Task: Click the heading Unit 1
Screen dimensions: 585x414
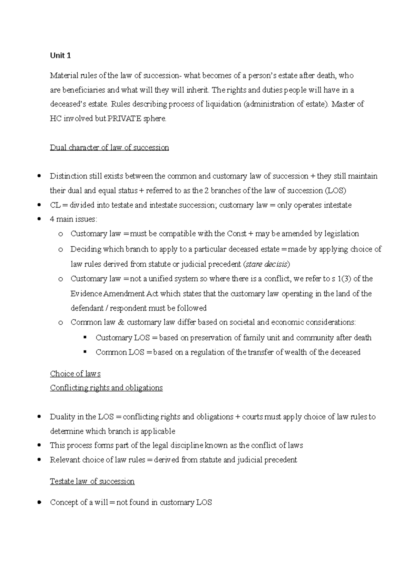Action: (60, 56)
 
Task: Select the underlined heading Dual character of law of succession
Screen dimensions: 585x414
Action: (109, 148)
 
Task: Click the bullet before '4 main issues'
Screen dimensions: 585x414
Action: (40, 219)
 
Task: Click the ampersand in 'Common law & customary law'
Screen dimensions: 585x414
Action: (120, 322)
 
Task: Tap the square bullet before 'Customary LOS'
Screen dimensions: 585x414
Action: (85, 337)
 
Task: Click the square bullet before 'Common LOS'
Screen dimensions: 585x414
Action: (85, 352)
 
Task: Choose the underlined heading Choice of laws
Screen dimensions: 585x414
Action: (75, 374)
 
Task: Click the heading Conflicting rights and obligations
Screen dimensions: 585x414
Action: (106, 388)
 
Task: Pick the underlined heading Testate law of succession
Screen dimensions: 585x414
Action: (92, 481)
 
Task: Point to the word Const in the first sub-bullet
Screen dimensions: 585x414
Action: (236, 234)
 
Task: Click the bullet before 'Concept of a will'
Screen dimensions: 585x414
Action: (40, 502)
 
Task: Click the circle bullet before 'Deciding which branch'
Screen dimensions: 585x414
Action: (61, 249)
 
